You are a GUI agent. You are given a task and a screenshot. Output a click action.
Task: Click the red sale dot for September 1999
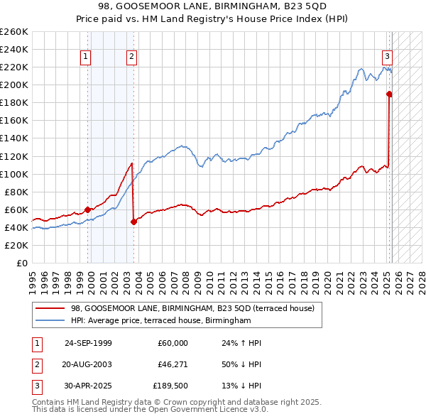88,209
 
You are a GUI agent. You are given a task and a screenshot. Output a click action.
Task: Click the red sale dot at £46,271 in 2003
134,222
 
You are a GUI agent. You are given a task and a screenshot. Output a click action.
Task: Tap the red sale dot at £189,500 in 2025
390,94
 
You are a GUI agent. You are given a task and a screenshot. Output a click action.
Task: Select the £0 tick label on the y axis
21,263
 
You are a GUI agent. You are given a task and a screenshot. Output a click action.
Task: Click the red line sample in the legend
49,308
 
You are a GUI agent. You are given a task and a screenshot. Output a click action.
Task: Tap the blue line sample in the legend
49,321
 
